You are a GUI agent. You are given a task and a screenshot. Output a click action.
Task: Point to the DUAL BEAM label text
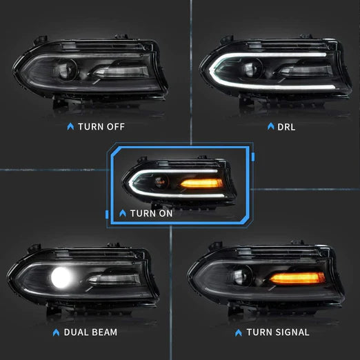tap(90, 332)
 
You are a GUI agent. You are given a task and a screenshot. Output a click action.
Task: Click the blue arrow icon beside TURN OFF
tap(69, 126)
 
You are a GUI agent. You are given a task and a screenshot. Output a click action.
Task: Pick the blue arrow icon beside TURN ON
tap(123, 213)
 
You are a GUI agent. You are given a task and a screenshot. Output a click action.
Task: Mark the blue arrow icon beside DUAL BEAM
tap(55, 332)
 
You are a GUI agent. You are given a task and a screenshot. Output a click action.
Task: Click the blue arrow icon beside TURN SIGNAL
tap(239, 332)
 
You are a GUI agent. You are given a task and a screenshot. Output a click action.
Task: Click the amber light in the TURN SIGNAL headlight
tap(297, 278)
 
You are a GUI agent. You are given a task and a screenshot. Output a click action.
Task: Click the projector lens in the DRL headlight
tap(238, 68)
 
